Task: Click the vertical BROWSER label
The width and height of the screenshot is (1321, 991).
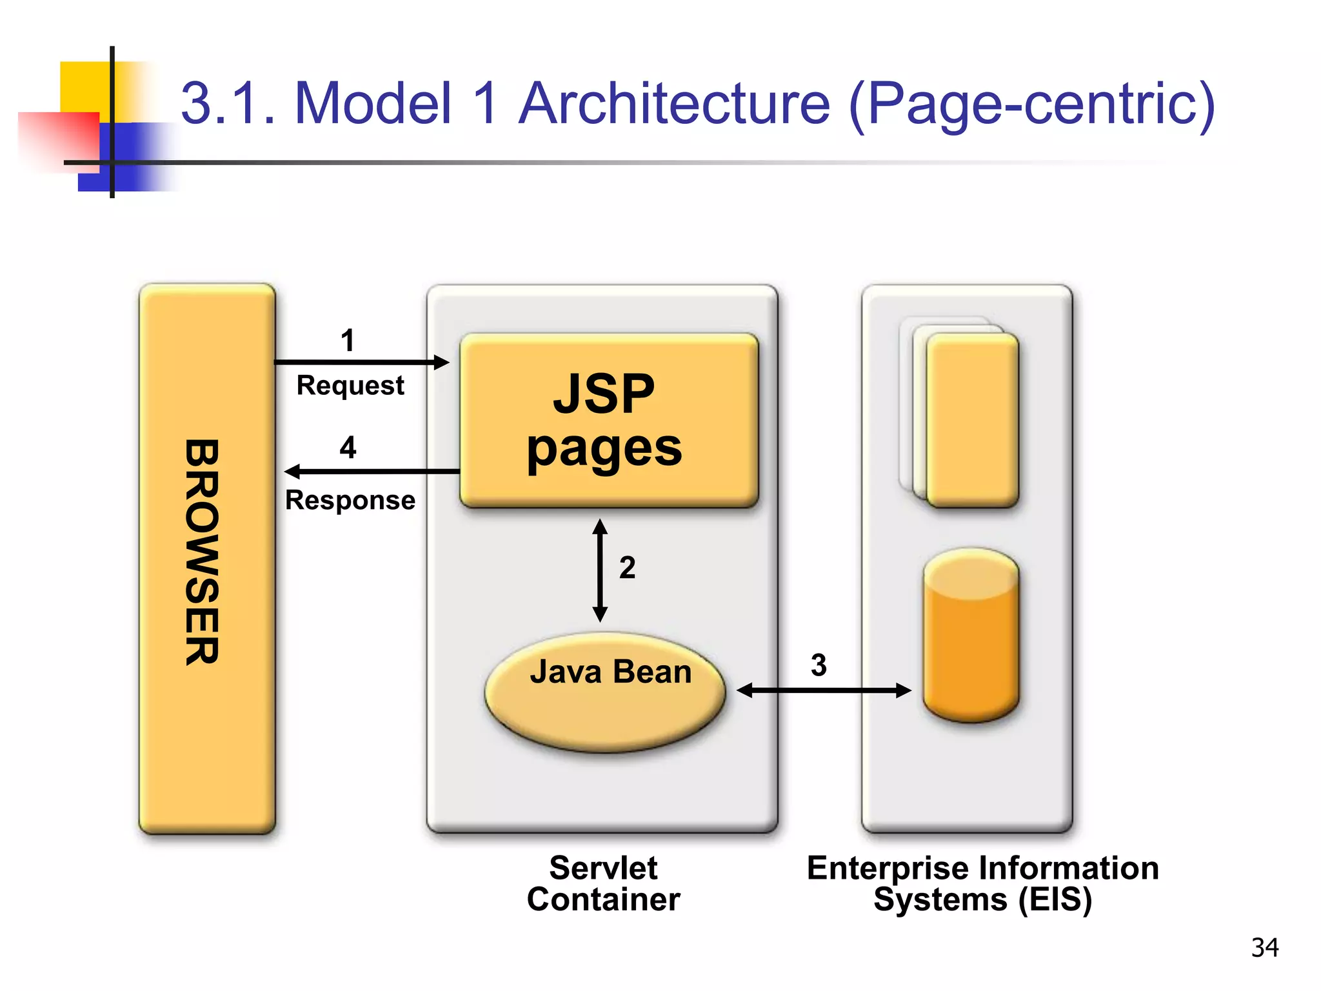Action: [x=202, y=552]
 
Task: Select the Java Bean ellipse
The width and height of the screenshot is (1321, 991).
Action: [x=605, y=692]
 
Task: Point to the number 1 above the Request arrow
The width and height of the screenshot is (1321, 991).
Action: [x=348, y=340]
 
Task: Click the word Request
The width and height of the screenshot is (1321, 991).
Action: [x=350, y=385]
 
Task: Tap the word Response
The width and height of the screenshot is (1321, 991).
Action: [x=350, y=500]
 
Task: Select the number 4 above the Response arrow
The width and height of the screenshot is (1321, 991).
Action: [x=348, y=447]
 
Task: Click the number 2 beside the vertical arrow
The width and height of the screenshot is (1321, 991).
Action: [x=627, y=568]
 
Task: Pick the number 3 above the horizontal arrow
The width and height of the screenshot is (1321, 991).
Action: [x=819, y=665]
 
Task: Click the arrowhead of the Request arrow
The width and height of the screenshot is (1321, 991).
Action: [x=442, y=362]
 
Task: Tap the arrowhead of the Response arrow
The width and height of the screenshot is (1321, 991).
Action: [x=292, y=472]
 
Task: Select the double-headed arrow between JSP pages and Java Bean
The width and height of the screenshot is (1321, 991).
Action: [x=600, y=570]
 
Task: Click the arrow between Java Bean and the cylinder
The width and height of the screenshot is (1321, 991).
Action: [x=824, y=690]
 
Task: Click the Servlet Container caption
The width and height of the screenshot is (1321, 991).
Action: [x=603, y=883]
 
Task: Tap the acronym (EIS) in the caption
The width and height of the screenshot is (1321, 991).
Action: [x=1055, y=899]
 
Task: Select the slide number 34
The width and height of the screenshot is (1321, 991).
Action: [x=1264, y=947]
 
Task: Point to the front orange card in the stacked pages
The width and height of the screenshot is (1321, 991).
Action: [x=972, y=419]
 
